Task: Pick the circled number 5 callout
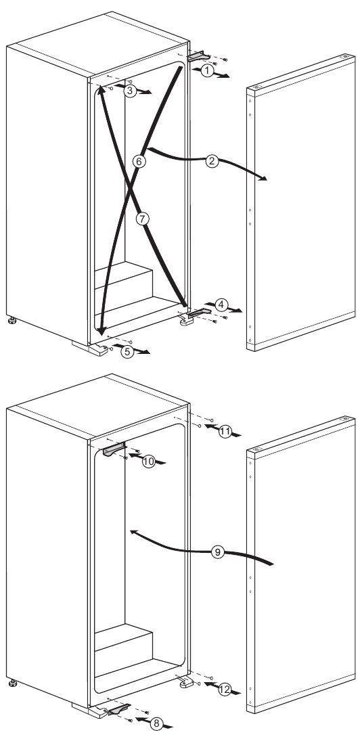[x=125, y=351]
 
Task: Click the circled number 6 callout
[x=139, y=162]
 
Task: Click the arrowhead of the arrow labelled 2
[x=265, y=179]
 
